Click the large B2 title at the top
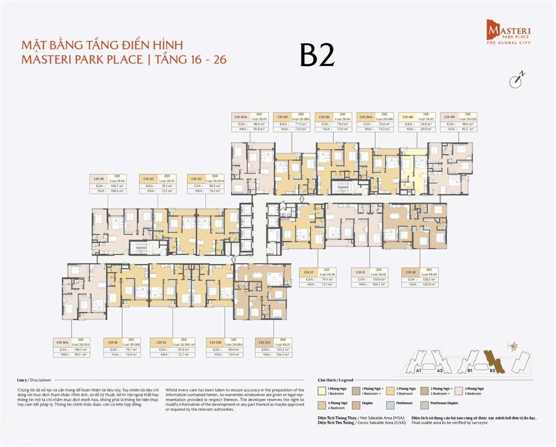(x=317, y=55)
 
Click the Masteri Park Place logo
(x=508, y=31)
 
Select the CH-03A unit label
(x=241, y=117)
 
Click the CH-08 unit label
(x=407, y=117)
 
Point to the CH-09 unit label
(x=449, y=117)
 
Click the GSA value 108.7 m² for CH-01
(x=117, y=186)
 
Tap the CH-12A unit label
(x=264, y=342)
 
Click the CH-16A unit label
(x=62, y=342)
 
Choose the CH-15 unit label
(x=161, y=342)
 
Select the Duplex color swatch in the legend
(x=357, y=403)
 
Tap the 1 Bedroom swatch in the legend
(x=321, y=389)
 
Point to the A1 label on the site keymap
(x=419, y=371)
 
